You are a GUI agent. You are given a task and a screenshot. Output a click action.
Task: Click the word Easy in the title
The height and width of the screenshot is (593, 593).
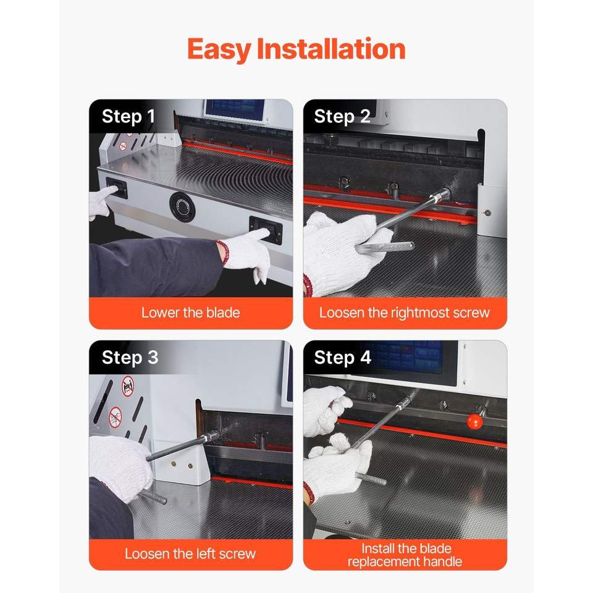coord(219,49)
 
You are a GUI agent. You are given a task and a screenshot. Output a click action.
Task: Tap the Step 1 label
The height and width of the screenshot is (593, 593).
coord(128,117)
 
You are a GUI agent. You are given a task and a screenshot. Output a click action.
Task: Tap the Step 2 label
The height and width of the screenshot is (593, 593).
coord(342,117)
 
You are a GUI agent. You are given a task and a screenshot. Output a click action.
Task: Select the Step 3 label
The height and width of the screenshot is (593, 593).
coord(130,358)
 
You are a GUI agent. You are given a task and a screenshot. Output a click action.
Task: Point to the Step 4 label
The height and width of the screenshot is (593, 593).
coord(342,358)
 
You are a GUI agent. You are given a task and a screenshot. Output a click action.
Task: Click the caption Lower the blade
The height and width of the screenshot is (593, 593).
coord(191,313)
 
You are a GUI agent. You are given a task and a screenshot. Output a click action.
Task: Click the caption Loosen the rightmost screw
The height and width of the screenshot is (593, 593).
coord(404,313)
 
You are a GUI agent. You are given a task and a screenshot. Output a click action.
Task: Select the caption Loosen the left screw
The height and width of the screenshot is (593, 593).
coord(190,553)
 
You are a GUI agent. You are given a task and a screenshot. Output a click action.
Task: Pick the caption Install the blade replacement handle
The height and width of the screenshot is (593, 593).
coord(405,555)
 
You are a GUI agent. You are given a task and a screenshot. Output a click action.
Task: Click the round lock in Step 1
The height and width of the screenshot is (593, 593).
coord(182,206)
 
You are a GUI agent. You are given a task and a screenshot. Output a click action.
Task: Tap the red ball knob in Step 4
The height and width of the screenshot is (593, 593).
coord(474,421)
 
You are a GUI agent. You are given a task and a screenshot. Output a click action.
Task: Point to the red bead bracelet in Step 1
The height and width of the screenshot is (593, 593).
coord(223,252)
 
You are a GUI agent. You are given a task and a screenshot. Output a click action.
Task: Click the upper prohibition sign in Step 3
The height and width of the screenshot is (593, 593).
coord(128,386)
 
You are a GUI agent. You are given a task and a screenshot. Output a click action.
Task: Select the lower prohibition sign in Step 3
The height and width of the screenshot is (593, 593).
coord(115,418)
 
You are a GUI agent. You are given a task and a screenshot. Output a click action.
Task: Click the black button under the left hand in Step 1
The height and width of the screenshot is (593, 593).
coord(117,188)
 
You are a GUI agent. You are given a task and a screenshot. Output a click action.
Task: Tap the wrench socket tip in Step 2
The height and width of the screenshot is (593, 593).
coord(442,195)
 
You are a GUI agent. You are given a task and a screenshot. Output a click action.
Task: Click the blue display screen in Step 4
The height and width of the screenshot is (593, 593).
coord(404,356)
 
